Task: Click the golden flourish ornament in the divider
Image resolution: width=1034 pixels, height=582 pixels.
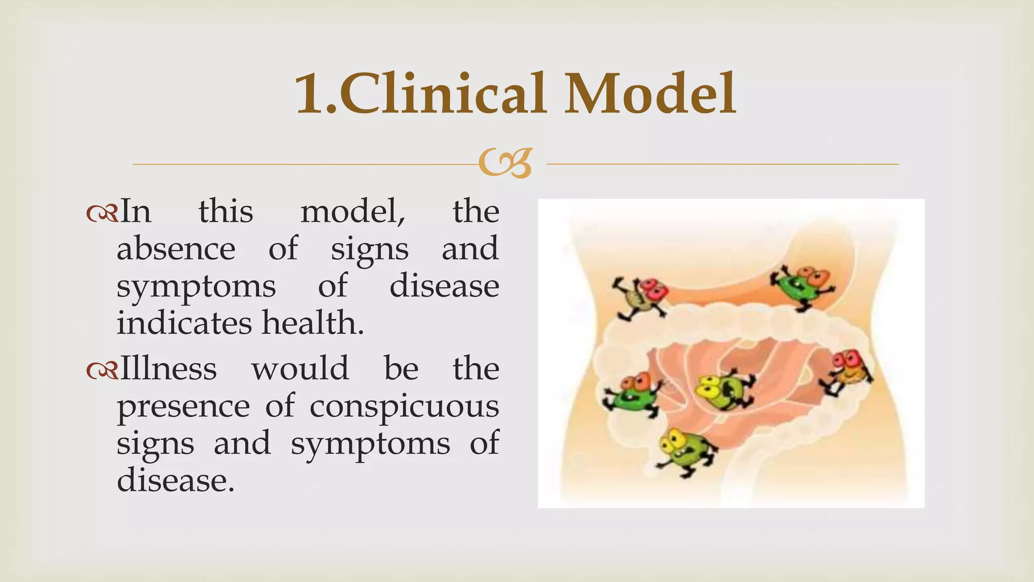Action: (x=505, y=163)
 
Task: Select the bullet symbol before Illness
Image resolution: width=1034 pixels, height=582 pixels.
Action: (x=102, y=370)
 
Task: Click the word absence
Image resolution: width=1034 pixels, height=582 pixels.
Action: (x=176, y=249)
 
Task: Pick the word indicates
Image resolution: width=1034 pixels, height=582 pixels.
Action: (x=184, y=323)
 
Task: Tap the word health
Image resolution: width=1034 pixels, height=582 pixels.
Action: (x=313, y=323)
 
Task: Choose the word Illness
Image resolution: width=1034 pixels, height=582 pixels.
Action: (x=169, y=369)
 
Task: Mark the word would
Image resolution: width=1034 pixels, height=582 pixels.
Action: (x=300, y=369)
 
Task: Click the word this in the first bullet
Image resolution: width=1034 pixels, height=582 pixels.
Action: (x=226, y=212)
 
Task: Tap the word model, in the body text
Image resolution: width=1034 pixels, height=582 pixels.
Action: (x=353, y=212)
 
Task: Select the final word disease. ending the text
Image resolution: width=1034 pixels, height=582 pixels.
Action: (x=176, y=480)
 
